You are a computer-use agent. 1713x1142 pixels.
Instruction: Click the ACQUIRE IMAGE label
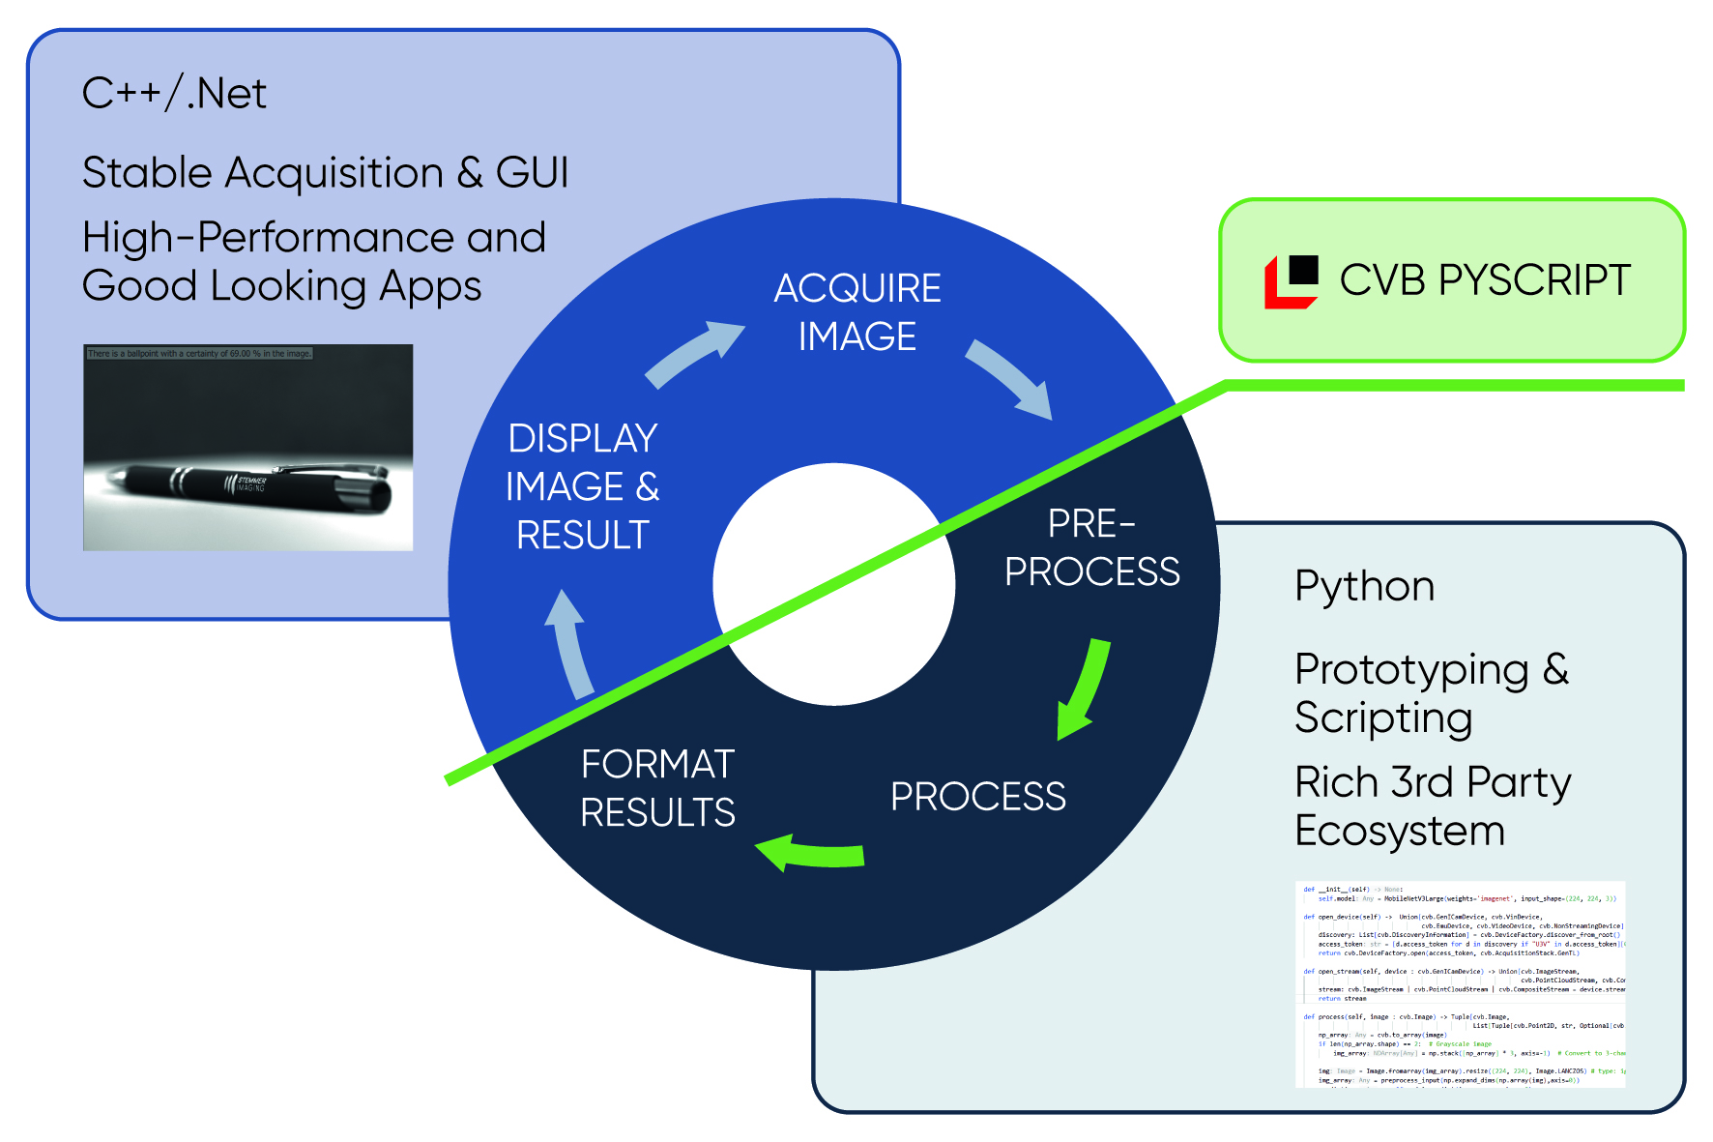(857, 312)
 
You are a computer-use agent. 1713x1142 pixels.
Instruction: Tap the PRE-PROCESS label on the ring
(1091, 548)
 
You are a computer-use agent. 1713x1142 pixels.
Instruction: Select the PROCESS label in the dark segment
(977, 797)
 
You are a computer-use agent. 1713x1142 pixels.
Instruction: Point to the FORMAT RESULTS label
(657, 788)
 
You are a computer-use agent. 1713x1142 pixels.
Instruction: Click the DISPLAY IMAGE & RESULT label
(582, 486)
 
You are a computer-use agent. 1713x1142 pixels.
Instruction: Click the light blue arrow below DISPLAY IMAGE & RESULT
(571, 643)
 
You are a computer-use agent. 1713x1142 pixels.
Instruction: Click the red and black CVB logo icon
(1292, 281)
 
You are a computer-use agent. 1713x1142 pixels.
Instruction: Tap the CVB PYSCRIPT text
(1484, 280)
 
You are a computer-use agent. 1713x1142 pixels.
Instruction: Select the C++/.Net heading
(174, 94)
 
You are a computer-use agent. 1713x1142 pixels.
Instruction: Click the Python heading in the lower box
(1364, 586)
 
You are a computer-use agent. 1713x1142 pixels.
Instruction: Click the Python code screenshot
(1460, 983)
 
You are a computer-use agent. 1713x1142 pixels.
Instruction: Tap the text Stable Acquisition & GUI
(325, 173)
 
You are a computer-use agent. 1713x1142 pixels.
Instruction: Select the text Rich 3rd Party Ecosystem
(1432, 806)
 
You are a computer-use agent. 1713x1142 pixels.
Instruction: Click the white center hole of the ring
(833, 584)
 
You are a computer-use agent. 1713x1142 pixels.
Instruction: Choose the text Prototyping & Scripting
(1430, 693)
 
